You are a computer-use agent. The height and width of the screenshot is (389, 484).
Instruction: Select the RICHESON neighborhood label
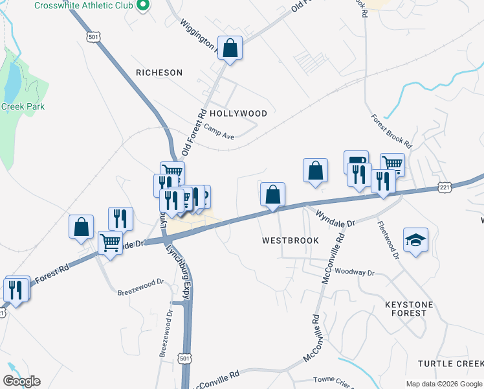(159, 73)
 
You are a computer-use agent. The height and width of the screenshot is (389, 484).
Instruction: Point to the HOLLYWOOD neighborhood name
(238, 113)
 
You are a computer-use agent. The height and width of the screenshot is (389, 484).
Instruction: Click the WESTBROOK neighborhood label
(291, 241)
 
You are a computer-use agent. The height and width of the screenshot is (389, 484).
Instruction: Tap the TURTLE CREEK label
(450, 363)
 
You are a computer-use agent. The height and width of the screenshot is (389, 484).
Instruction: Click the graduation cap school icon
(415, 240)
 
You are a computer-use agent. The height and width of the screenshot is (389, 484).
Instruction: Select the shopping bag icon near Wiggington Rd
(230, 48)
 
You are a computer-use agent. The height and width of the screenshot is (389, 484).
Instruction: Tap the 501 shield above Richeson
(93, 38)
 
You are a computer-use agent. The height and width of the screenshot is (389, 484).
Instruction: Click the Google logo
(22, 381)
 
